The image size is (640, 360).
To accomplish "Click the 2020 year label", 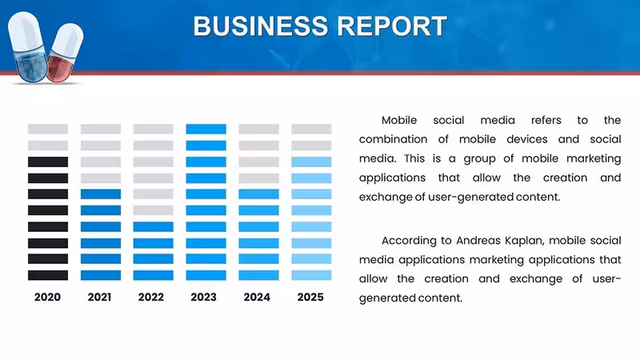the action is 47,297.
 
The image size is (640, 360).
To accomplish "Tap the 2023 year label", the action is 204,297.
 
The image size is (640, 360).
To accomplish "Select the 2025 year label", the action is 310,297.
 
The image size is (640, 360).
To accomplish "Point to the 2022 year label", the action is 151,297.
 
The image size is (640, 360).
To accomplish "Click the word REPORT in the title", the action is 392,26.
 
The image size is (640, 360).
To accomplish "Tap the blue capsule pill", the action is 28,47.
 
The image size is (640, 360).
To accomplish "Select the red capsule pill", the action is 65,52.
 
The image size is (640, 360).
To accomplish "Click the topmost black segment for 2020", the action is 48,162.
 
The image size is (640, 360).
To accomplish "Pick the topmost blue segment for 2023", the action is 206,129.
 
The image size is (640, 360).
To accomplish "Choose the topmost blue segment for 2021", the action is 101,194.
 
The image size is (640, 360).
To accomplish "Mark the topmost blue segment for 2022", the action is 154,227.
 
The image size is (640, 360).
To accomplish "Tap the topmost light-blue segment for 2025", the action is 311,162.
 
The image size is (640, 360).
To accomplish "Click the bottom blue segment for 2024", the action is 258,275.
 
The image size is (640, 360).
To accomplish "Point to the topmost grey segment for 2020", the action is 48,129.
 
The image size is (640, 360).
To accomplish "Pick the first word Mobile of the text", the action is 399,121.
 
